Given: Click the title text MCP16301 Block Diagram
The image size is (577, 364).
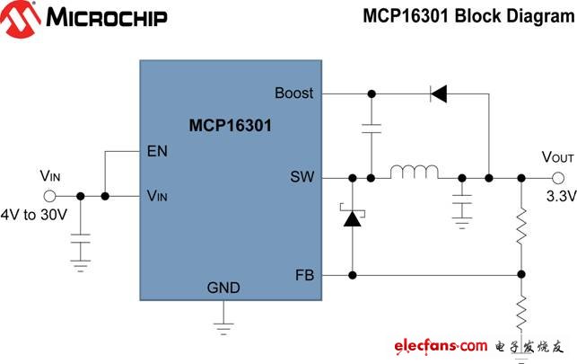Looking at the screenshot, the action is pyautogui.click(x=468, y=16).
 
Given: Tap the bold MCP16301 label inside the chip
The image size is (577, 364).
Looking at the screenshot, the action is pyautogui.click(x=231, y=125).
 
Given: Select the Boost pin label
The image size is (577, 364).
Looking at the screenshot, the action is pyautogui.click(x=294, y=93).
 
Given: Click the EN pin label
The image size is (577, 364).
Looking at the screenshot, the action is pyautogui.click(x=157, y=151).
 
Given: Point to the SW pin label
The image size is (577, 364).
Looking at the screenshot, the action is pyautogui.click(x=302, y=176).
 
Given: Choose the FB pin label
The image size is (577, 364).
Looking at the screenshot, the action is pyautogui.click(x=305, y=275).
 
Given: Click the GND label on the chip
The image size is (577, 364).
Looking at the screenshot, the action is pyautogui.click(x=223, y=288).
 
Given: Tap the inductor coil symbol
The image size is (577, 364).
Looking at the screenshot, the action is pyautogui.click(x=415, y=172).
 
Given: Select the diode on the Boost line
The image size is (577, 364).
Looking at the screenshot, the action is pyautogui.click(x=439, y=93).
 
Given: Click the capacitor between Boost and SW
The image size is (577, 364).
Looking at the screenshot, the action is pyautogui.click(x=372, y=129).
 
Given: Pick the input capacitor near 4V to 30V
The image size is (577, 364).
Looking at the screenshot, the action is pyautogui.click(x=80, y=238).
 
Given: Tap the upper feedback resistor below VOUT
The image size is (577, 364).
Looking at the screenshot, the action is pyautogui.click(x=521, y=226).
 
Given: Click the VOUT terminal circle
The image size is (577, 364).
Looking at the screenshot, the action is pyautogui.click(x=558, y=178).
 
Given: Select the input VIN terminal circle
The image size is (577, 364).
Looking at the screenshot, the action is pyautogui.click(x=49, y=196).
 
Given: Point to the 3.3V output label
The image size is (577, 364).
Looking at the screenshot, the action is pyautogui.click(x=561, y=196).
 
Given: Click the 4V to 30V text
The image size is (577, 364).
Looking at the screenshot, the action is pyautogui.click(x=34, y=215).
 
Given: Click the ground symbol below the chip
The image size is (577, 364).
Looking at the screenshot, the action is pyautogui.click(x=223, y=328).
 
